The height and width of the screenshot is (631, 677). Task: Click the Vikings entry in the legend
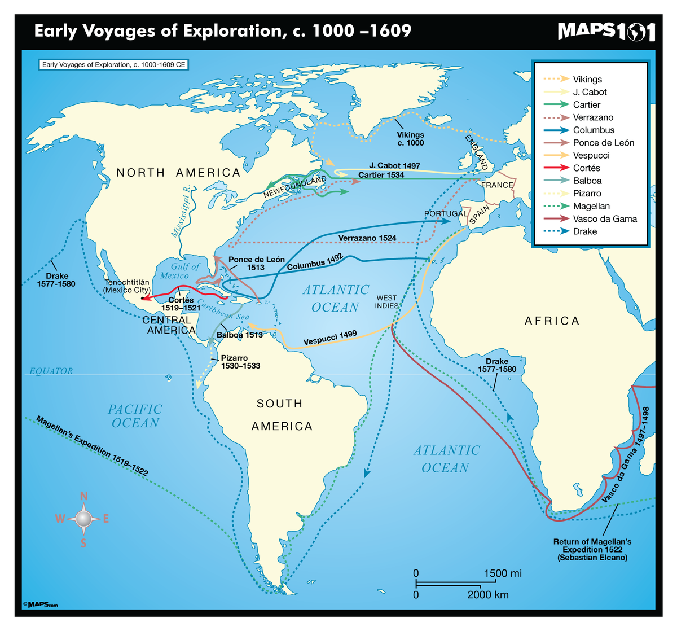[x=587, y=80]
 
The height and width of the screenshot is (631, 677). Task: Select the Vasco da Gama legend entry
[x=604, y=219]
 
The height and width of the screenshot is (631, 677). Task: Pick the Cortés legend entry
[x=586, y=168]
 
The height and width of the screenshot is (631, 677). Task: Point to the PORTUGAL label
[x=446, y=214]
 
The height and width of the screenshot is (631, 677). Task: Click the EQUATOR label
[x=51, y=371]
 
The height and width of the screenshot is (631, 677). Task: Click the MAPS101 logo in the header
[x=606, y=31]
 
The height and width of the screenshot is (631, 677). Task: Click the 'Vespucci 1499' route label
[x=330, y=338]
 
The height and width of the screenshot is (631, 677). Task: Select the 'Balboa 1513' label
[x=240, y=335]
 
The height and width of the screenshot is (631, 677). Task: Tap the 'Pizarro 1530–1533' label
[x=240, y=362]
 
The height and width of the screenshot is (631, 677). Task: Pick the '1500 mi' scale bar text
[x=503, y=573]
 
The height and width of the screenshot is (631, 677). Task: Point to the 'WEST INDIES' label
[x=386, y=302]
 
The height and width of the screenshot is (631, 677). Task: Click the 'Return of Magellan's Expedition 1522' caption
[x=592, y=549]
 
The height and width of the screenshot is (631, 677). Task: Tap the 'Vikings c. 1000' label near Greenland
[x=410, y=139]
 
